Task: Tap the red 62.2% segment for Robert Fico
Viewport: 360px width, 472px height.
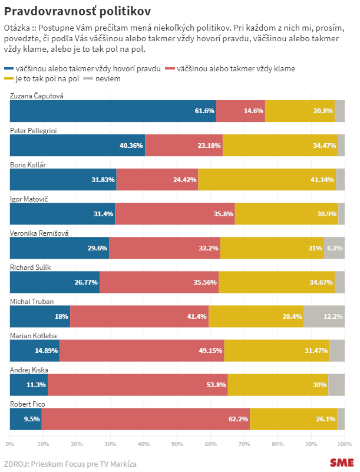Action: pyautogui.click(x=146, y=418)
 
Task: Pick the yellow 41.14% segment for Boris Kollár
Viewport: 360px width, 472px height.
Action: pyautogui.click(x=267, y=179)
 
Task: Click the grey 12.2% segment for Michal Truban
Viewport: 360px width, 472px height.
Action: pyautogui.click(x=324, y=316)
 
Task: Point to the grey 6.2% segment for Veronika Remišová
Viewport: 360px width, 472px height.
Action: pyautogui.click(x=334, y=247)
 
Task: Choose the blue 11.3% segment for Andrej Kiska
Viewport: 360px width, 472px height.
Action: pyautogui.click(x=29, y=384)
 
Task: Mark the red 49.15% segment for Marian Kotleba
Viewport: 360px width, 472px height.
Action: pyautogui.click(x=141, y=350)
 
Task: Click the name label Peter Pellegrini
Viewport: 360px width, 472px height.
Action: pyautogui.click(x=34, y=130)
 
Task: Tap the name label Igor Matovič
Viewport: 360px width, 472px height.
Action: pyautogui.click(x=29, y=199)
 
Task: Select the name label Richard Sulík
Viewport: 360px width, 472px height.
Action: pyautogui.click(x=31, y=267)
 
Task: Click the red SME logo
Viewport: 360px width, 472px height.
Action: pyautogui.click(x=342, y=463)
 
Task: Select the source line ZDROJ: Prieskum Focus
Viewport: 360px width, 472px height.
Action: pyautogui.click(x=70, y=464)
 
